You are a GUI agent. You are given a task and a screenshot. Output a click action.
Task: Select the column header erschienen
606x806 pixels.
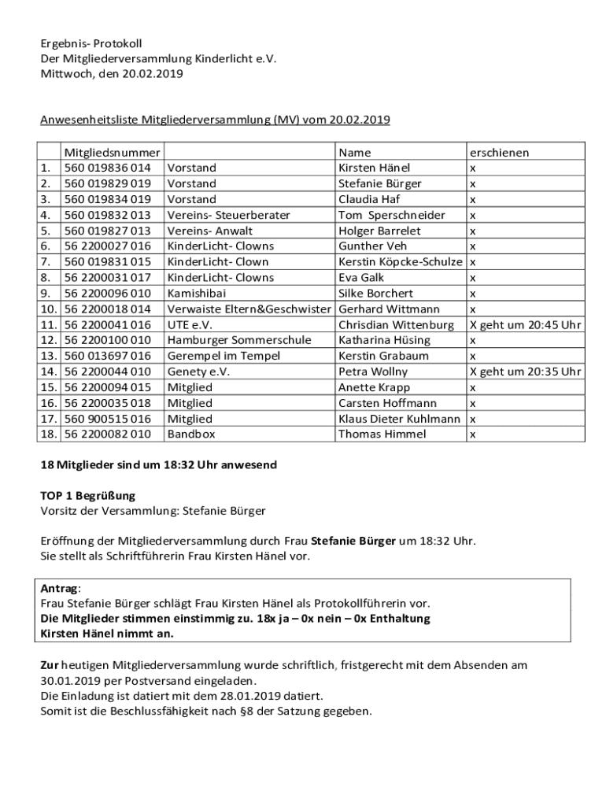[x=499, y=153]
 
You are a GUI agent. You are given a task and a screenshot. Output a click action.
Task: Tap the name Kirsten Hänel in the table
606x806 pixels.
[x=374, y=168]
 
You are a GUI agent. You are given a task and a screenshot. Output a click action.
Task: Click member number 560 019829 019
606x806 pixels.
[x=107, y=183]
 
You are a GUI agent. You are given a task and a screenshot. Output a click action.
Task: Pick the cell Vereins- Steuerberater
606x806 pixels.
[x=228, y=215]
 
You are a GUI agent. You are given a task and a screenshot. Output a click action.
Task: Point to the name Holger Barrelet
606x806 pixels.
[x=379, y=231]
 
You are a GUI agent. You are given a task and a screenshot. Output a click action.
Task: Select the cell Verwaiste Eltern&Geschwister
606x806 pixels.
[x=249, y=309]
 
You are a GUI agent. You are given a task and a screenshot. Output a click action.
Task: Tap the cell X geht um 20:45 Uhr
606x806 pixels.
[x=525, y=324]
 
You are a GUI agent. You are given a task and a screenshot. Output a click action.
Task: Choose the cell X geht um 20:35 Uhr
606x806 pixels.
[x=525, y=372]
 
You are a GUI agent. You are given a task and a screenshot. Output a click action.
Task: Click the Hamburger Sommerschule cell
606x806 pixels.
[x=238, y=340]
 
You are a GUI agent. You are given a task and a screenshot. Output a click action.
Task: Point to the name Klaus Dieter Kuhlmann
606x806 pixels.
[x=399, y=419]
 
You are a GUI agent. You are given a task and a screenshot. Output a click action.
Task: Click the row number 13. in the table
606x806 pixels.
[x=49, y=356]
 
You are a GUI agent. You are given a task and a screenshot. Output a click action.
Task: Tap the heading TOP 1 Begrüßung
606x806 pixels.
[x=88, y=496]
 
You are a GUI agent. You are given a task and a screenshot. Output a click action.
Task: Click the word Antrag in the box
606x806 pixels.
[x=60, y=589]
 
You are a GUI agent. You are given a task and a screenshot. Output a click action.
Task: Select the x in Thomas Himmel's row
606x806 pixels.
[x=472, y=434]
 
